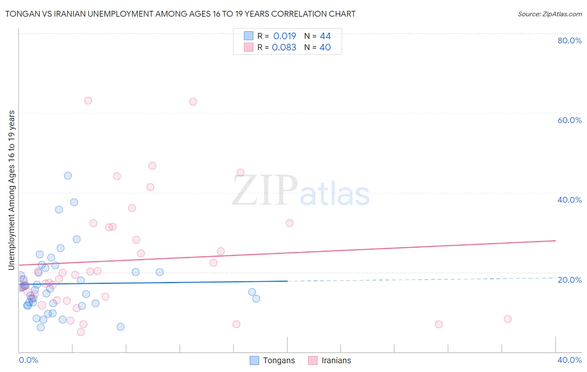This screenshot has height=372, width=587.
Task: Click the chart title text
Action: [x=180, y=14]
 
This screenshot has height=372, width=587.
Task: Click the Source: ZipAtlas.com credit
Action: [x=549, y=14]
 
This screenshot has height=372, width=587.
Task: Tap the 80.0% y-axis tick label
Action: [x=569, y=40]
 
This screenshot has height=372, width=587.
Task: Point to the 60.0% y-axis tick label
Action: [x=569, y=120]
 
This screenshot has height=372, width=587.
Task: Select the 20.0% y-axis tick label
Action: [x=569, y=280]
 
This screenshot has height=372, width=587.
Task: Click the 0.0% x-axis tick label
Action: [x=28, y=360]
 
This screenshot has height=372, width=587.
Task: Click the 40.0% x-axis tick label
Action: [x=569, y=360]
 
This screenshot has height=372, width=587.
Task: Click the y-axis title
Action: [x=11, y=190]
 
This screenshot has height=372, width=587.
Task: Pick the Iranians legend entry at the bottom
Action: [x=330, y=360]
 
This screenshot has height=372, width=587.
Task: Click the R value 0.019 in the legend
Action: [x=284, y=36]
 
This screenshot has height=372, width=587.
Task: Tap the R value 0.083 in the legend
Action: [x=284, y=47]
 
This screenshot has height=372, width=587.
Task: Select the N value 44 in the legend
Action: [x=325, y=36]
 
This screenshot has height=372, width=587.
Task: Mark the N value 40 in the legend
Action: [x=325, y=47]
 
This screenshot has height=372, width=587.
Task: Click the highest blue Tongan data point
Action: [x=68, y=176]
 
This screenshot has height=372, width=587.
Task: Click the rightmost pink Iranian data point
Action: [x=508, y=319]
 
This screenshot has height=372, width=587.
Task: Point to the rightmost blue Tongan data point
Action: [x=256, y=299]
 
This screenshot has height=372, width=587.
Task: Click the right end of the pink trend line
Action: [x=555, y=241]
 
